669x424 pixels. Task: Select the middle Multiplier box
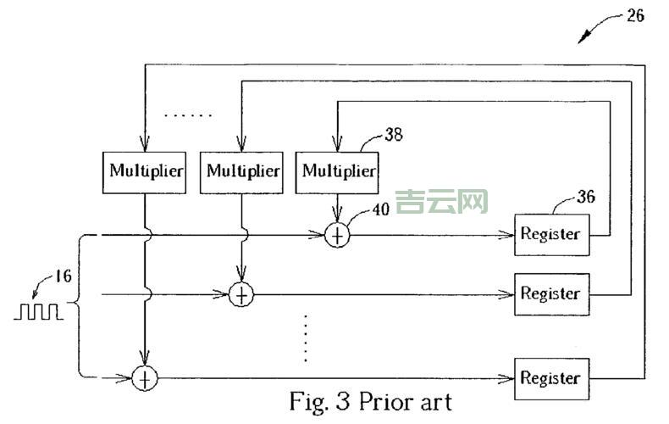click(x=243, y=170)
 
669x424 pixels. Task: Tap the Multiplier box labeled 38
click(x=339, y=170)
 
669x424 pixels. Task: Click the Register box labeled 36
click(x=550, y=234)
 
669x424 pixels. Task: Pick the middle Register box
click(x=550, y=294)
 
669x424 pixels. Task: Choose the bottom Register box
click(x=550, y=377)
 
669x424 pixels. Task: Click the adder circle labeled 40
click(x=337, y=235)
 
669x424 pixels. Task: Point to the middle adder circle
click(x=242, y=294)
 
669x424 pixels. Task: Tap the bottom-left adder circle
click(x=146, y=378)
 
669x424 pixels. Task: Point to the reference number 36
click(x=586, y=197)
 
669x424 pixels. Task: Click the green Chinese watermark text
click(x=442, y=201)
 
